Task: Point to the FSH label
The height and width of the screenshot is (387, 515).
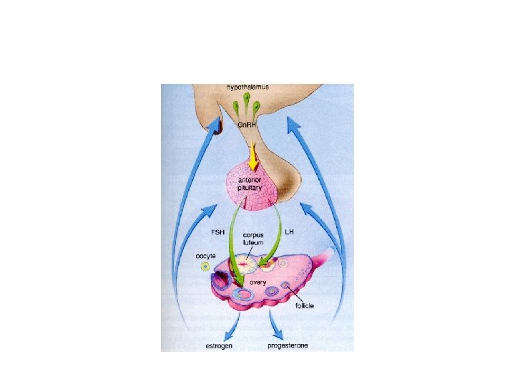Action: (x=218, y=233)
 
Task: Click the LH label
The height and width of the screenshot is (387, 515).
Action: (x=290, y=233)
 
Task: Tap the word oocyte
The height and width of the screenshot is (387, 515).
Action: (x=206, y=255)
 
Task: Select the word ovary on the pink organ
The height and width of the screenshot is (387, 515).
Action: (x=257, y=283)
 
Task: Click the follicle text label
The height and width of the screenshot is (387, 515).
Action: (x=303, y=305)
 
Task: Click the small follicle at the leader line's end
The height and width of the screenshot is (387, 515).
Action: (x=285, y=287)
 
